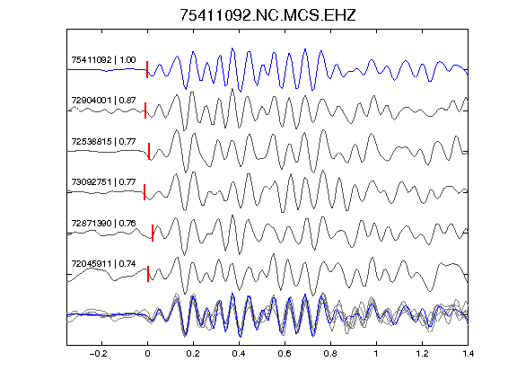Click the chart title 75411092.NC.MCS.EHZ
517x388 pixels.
point(267,15)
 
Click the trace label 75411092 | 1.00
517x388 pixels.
point(103,60)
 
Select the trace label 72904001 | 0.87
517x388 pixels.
point(103,101)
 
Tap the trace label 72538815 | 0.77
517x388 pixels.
point(103,142)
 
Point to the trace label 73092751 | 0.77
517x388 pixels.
point(103,182)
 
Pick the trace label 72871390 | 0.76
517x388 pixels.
point(103,224)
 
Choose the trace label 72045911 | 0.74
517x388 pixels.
point(103,264)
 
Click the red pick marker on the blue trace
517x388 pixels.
point(147,70)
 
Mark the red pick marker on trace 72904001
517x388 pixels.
point(145,110)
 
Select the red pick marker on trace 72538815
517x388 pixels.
point(149,151)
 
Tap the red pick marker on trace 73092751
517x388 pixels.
point(145,192)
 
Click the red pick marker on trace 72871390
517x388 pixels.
point(153,233)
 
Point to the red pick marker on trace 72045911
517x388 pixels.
point(148,274)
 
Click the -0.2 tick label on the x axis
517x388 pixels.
point(98,354)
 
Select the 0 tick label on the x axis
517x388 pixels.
point(147,354)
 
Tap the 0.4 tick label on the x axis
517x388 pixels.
point(239,354)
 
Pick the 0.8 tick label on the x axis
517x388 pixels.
point(330,354)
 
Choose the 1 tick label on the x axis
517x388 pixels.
point(376,354)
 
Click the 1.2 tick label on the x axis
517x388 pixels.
point(422,354)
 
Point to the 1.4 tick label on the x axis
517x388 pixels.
point(468,354)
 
